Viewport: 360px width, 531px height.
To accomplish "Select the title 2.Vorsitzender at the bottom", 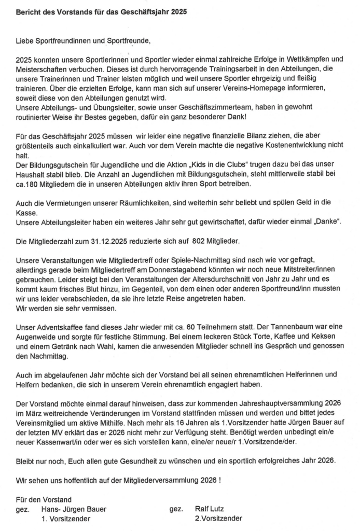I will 218,519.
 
